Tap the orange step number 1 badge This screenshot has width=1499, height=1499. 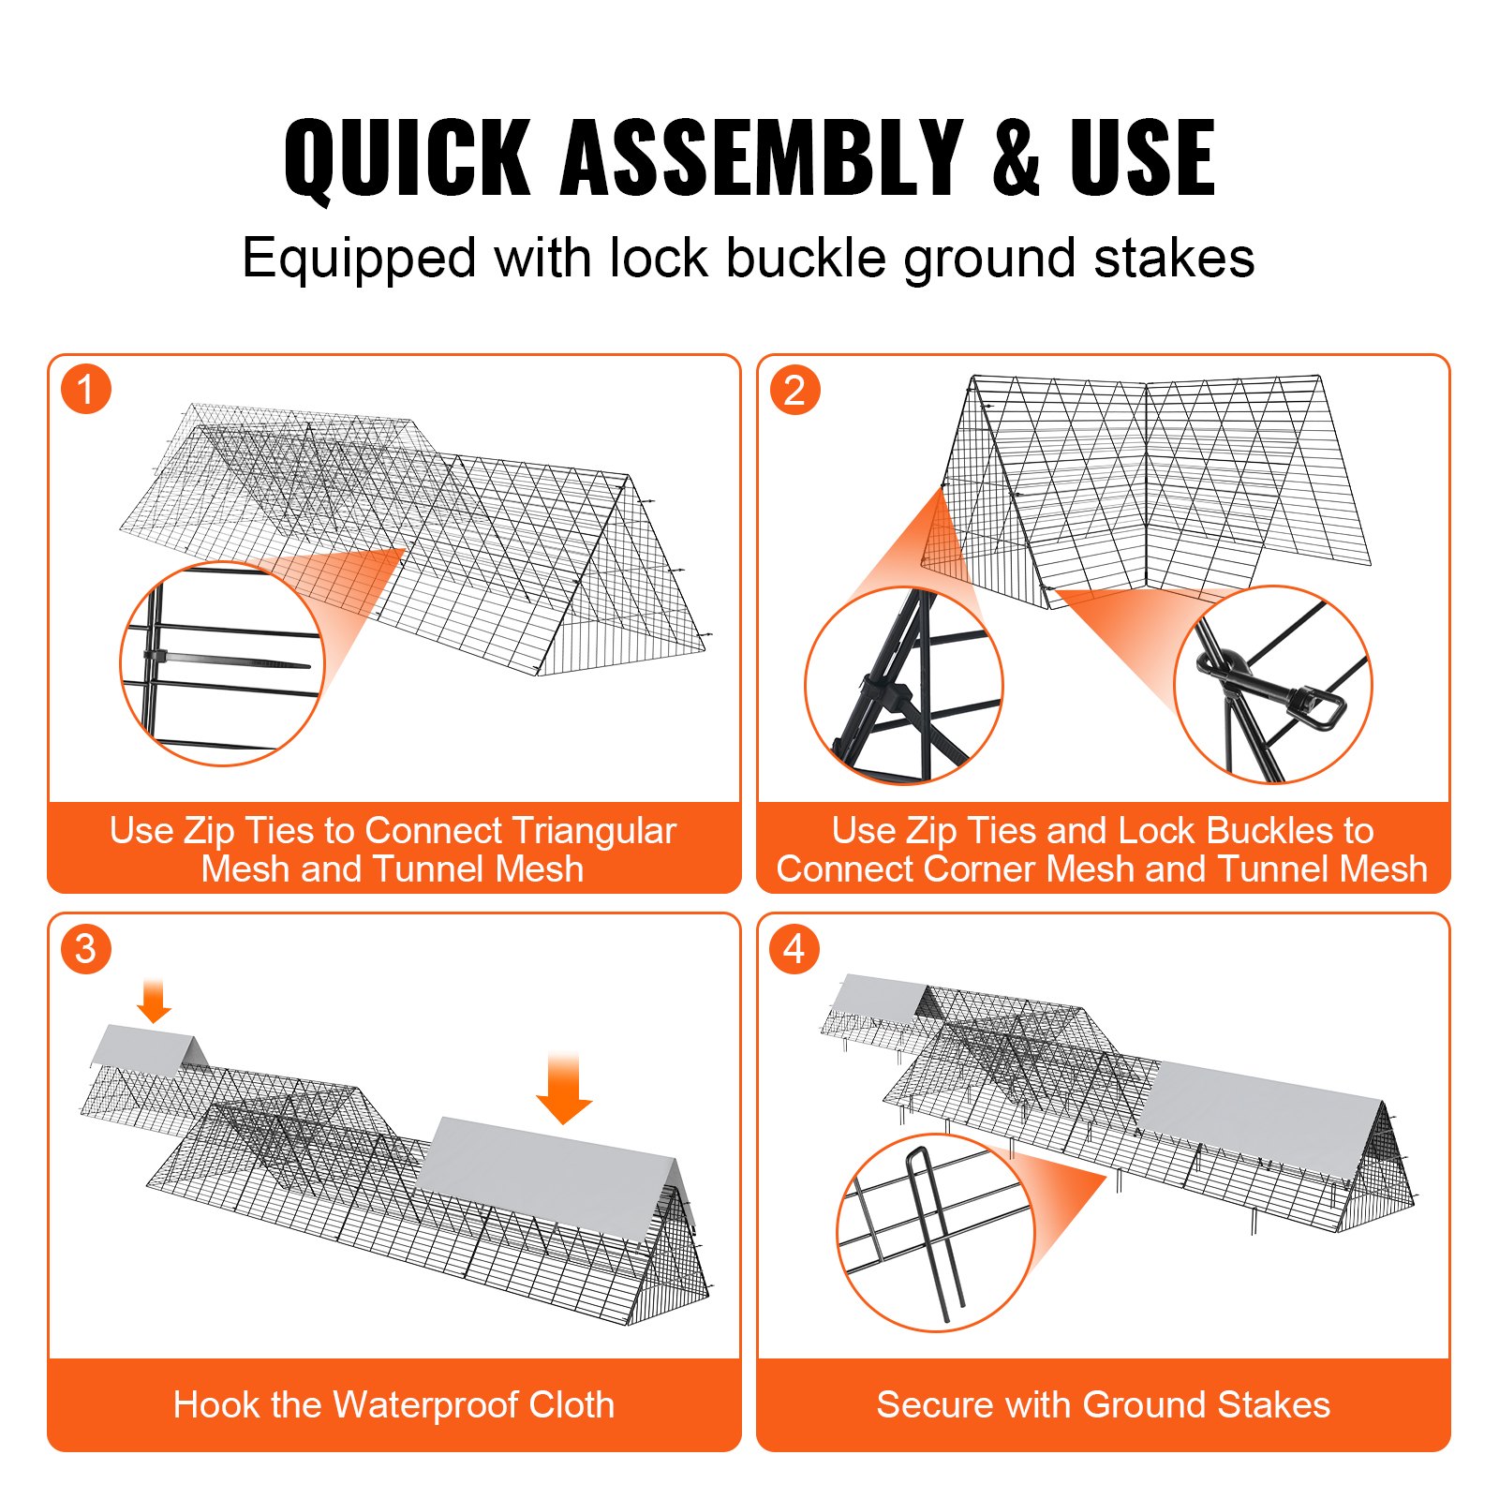click(x=86, y=390)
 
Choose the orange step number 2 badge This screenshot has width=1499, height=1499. click(x=794, y=390)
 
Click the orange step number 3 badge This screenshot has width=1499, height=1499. click(x=86, y=949)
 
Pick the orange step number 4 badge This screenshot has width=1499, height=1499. click(x=794, y=949)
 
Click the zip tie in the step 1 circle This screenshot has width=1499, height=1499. click(x=225, y=660)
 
